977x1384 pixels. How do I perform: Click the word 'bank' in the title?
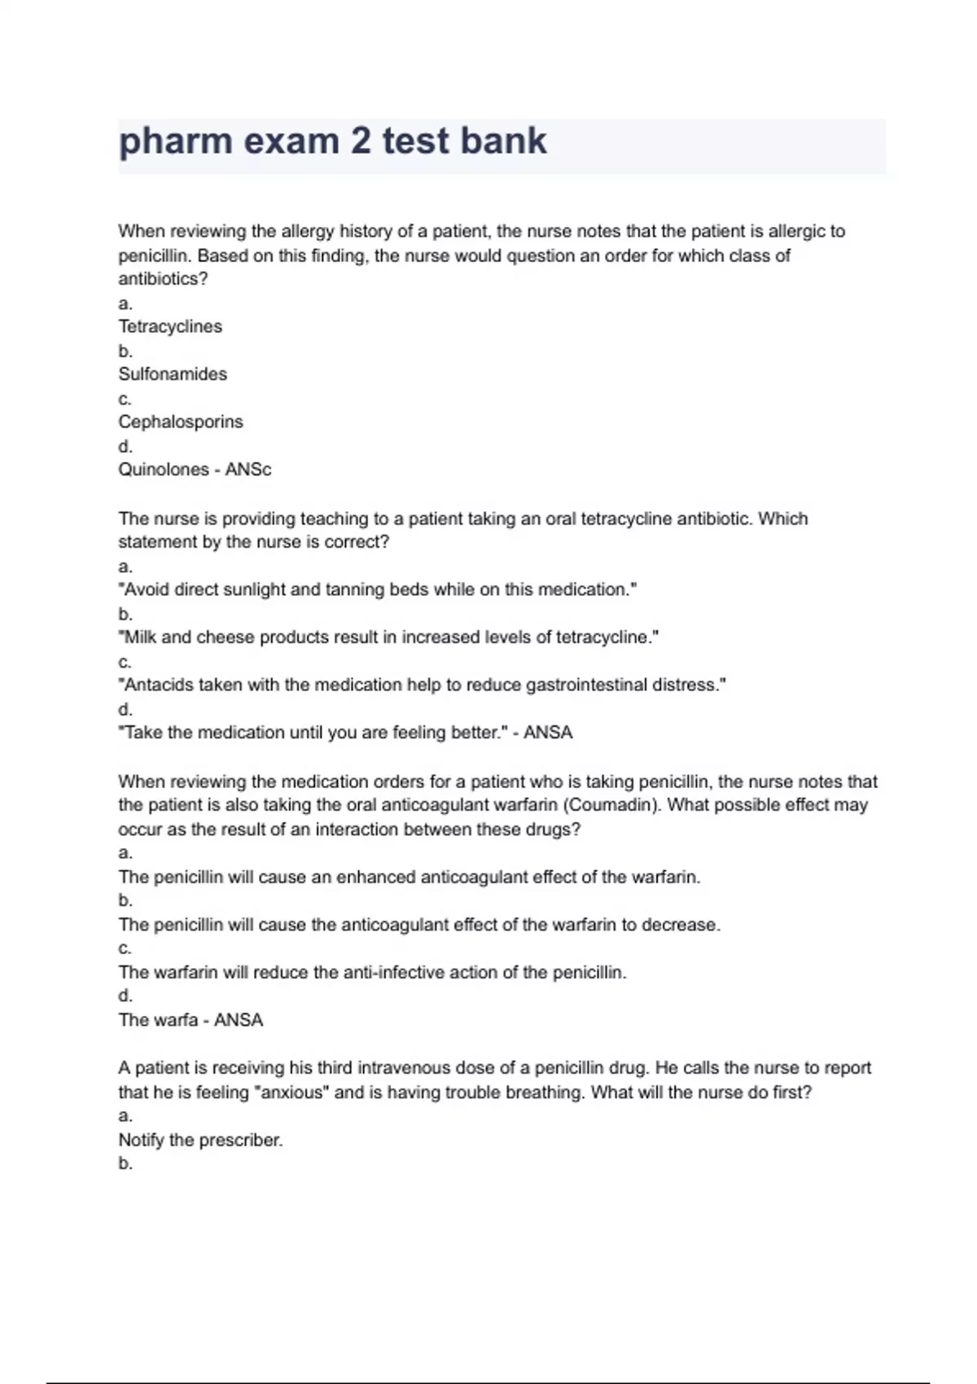click(504, 141)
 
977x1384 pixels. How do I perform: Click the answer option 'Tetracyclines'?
click(170, 326)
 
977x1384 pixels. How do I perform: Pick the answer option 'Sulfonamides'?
click(173, 374)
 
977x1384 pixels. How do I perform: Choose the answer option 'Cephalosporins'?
click(181, 422)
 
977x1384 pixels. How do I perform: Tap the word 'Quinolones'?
click(164, 470)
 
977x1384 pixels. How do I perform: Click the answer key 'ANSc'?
click(248, 470)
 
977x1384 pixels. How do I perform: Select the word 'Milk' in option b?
click(140, 637)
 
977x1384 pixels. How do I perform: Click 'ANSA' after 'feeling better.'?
click(548, 733)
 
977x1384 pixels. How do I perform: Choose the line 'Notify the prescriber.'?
click(200, 1140)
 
